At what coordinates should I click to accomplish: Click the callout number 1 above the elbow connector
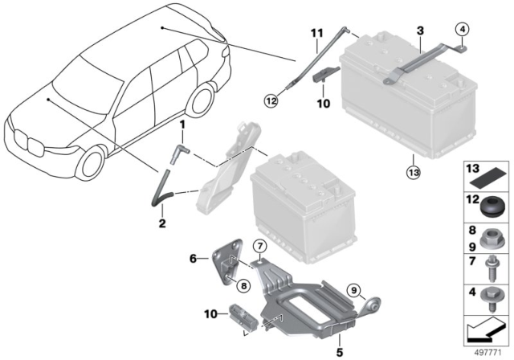point(182,125)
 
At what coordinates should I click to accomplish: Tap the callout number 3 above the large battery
point(418,30)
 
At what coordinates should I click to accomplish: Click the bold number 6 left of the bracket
point(192,259)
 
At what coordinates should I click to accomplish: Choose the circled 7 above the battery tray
point(259,245)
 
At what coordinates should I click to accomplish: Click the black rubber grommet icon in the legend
point(490,210)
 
